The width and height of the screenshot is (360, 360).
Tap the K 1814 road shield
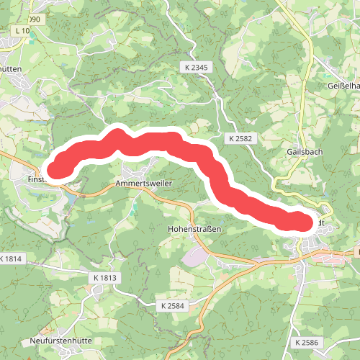click(x=12, y=258)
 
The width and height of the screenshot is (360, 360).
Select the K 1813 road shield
click(x=104, y=277)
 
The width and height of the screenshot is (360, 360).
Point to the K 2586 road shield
click(x=307, y=342)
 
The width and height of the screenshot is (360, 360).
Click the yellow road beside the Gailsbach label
click(x=309, y=137)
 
